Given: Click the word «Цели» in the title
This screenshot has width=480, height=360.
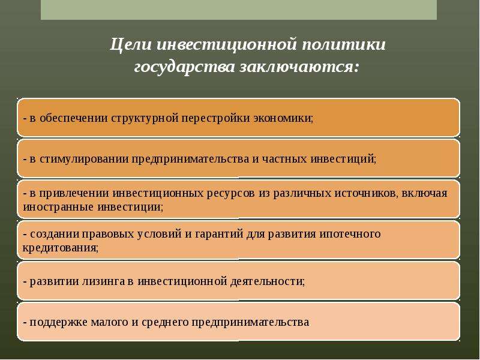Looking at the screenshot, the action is click(131, 45).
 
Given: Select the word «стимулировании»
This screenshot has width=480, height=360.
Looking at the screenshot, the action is click(84, 159).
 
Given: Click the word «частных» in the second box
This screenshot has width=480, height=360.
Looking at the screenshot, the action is click(284, 159).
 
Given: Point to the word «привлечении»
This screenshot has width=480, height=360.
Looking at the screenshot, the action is click(74, 193).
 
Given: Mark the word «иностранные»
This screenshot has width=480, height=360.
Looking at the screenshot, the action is click(58, 207).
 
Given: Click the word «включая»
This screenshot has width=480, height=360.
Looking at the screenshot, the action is click(424, 193).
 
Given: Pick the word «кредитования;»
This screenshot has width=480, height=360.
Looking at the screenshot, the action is click(61, 248).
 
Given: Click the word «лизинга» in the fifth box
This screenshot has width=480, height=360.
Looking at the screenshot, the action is click(103, 281).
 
